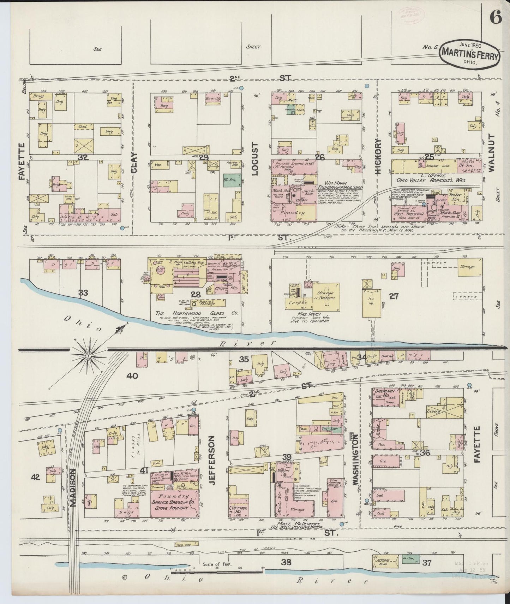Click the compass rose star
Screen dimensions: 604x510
point(88,356)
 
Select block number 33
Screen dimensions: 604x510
point(83,293)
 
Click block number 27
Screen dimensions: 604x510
point(394,296)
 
